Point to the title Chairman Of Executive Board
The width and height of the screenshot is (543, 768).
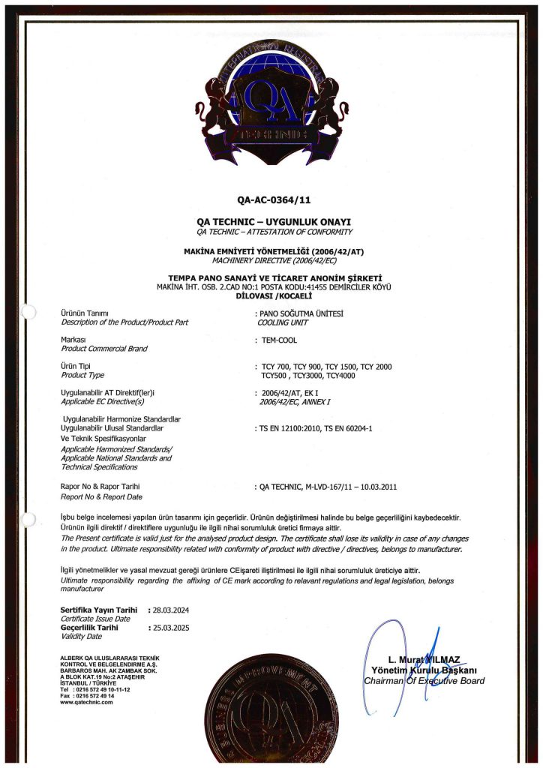[424, 681]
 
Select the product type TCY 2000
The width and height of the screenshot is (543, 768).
[376, 366]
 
